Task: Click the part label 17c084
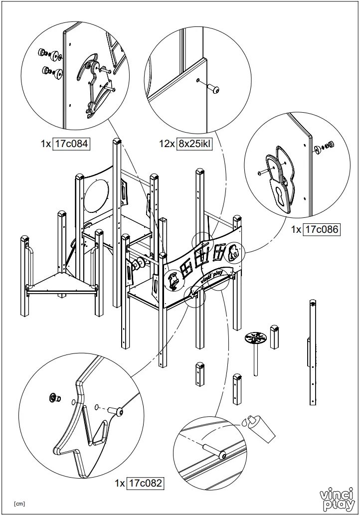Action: tap(71, 144)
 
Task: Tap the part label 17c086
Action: tap(322, 229)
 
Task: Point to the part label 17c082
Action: tap(145, 483)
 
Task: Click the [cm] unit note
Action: tap(19, 504)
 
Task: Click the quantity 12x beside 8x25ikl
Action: tap(167, 144)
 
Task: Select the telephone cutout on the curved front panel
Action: tap(173, 281)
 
